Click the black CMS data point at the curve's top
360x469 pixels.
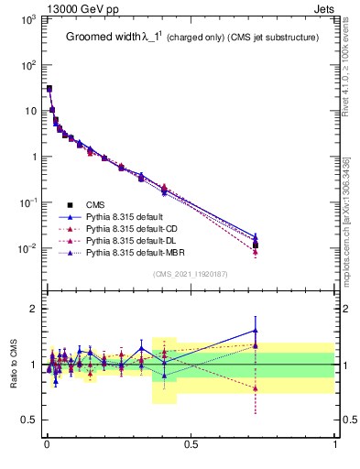[49, 89]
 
